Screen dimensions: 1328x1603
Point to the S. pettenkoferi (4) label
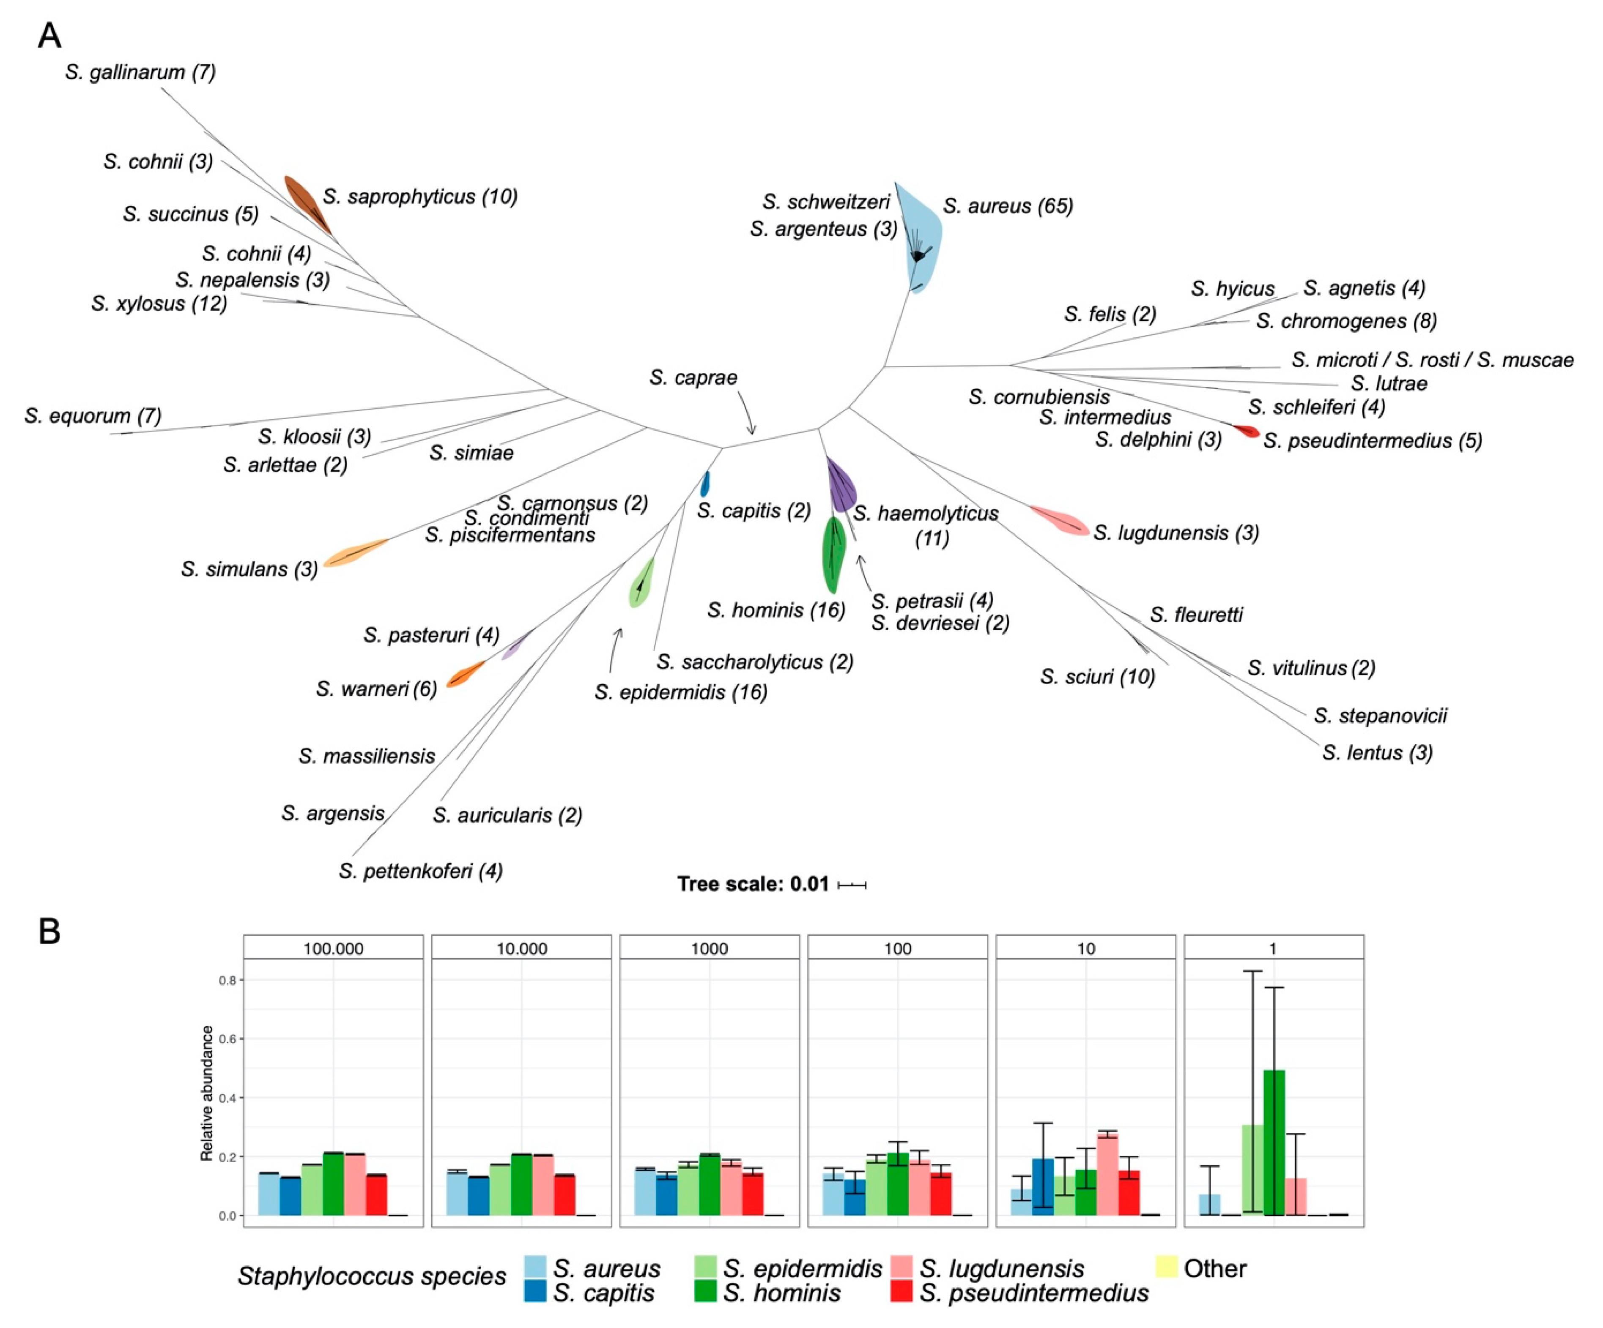coord(421,871)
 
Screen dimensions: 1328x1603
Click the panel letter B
coord(49,932)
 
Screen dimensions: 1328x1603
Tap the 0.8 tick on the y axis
coord(227,980)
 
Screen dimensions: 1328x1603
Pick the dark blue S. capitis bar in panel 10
coord(1043,1187)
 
